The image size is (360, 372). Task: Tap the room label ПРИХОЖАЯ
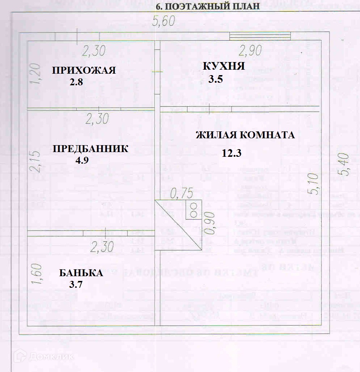click(84, 70)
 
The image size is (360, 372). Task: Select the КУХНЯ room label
click(224, 66)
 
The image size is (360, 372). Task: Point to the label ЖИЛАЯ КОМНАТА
click(245, 135)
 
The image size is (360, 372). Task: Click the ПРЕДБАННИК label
click(90, 149)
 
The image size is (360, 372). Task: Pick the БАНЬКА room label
click(81, 273)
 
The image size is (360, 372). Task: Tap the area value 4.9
click(82, 160)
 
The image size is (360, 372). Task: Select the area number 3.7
click(76, 285)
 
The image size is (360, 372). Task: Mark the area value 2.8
click(76, 82)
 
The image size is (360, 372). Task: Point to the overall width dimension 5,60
click(164, 21)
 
